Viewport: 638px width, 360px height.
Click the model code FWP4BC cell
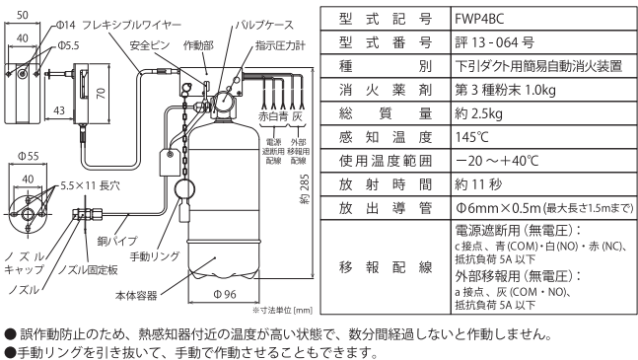click(479, 19)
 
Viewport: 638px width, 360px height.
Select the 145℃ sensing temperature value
click(471, 137)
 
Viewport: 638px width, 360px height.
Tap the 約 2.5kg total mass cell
click(478, 113)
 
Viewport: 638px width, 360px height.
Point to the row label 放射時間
click(386, 184)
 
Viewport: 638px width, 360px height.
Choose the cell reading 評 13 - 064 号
click(494, 42)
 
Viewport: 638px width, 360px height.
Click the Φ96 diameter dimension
click(225, 294)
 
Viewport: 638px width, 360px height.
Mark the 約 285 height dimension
click(305, 189)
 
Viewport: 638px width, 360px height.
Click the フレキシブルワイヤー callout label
click(131, 26)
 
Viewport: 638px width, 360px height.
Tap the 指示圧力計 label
click(280, 45)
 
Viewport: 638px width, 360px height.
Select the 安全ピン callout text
click(150, 45)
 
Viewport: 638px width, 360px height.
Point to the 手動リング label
click(154, 256)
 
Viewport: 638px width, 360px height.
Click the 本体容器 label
click(136, 295)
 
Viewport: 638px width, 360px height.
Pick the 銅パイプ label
click(117, 241)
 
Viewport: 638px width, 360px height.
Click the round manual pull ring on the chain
click(184, 189)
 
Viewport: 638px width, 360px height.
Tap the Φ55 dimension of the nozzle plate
click(28, 156)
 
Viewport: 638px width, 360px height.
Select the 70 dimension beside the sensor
click(101, 93)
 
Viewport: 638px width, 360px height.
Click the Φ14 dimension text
click(66, 26)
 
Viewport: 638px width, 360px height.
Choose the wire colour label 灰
click(298, 116)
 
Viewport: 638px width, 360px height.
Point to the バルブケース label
click(264, 26)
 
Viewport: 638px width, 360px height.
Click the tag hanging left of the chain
click(170, 163)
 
